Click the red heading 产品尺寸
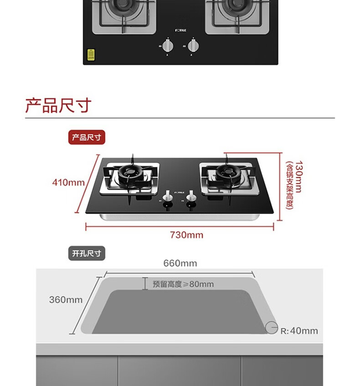point(58,105)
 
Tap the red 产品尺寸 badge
point(87,137)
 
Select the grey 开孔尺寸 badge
point(87,253)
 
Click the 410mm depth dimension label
point(68,183)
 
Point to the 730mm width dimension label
point(186,235)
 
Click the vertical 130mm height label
point(298,177)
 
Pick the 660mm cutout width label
point(180,263)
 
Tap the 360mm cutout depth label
point(66,300)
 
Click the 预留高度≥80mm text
point(183,284)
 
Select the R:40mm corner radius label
point(299,331)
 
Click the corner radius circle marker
point(272,328)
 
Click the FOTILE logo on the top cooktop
point(180,31)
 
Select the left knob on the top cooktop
point(168,46)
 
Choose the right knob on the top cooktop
point(194,46)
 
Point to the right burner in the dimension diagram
point(226,173)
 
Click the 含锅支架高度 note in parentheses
point(289,186)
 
